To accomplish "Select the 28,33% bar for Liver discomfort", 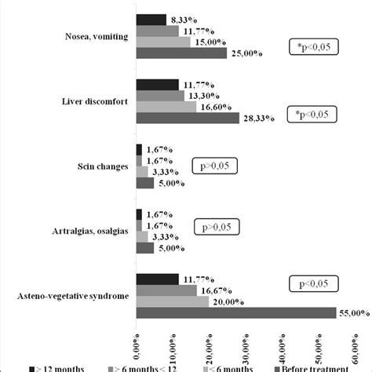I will pos(188,119).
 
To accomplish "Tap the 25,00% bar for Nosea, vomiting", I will pos(181,53).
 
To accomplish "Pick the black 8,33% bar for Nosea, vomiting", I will pos(151,19).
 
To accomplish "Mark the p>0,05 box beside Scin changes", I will pos(215,166).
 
